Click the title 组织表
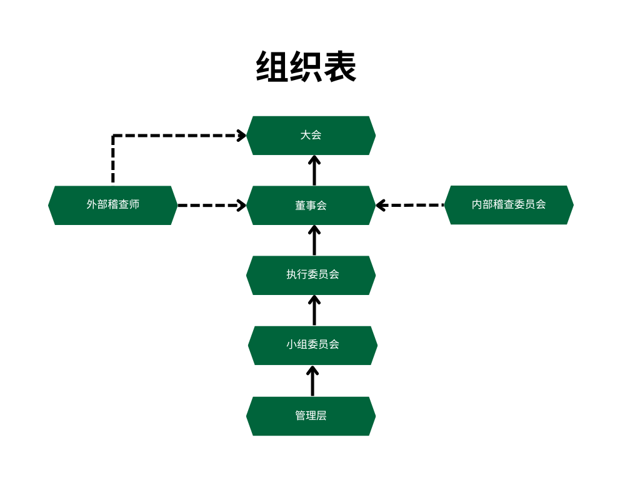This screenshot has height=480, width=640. pos(306,67)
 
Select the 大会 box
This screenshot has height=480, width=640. pos(311,135)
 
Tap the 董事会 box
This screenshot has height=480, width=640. pos(311,205)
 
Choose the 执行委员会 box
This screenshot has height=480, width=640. pos(311,275)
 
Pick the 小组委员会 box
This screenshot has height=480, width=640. pos(312,345)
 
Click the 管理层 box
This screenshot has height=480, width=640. pos(311,416)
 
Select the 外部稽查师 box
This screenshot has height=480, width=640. pos(112,205)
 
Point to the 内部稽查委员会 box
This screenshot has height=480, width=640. pos(509,204)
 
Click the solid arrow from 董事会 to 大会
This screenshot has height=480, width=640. pos(314,171)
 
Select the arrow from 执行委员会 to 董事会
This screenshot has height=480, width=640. pos(314,241)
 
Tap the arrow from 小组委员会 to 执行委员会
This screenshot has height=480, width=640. pos(314,311)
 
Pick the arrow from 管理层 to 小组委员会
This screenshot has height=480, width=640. pos(312,381)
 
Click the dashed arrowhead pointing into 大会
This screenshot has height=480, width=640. pos(242,135)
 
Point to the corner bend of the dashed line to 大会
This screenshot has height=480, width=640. pos(113,136)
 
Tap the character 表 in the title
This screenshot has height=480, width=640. pos(340,67)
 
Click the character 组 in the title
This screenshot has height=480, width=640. pos(272,67)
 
